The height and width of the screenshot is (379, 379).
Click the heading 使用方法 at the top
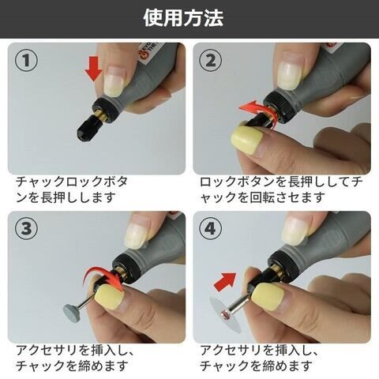pos(183,18)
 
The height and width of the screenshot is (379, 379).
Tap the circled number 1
pos(26,60)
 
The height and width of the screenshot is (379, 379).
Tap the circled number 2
pos(211,60)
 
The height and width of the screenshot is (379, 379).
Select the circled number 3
pos(26,228)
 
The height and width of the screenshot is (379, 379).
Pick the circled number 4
pos(211,228)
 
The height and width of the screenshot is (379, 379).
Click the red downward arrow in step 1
pos(93,68)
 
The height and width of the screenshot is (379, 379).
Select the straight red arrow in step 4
pos(224,282)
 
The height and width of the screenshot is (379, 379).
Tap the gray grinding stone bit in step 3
pos(72,311)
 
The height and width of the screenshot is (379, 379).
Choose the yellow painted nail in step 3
pos(109,296)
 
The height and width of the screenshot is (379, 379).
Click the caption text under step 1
pos(72,189)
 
